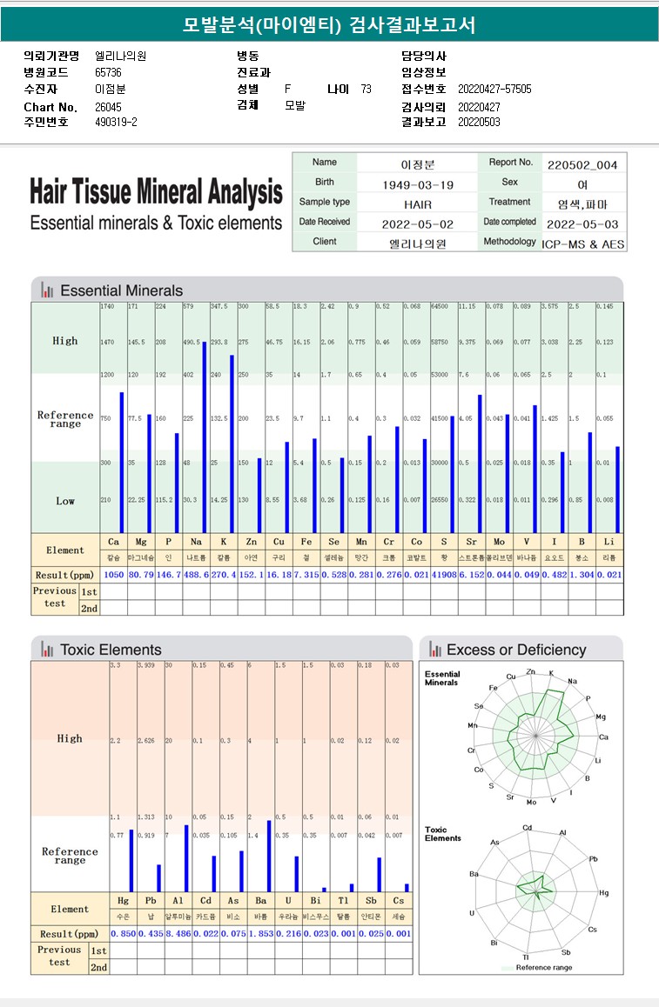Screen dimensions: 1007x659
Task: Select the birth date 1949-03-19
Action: click(418, 184)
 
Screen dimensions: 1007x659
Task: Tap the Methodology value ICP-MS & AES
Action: click(583, 244)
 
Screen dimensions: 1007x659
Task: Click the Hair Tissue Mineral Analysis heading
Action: click(156, 191)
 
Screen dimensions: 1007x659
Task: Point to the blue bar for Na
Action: click(204, 437)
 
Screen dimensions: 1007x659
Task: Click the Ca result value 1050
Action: click(113, 576)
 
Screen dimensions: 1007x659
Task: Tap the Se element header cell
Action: click(328, 542)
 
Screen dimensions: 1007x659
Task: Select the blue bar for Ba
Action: click(269, 856)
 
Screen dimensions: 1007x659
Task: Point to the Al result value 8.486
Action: click(178, 933)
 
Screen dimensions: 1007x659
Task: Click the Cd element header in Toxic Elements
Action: click(205, 901)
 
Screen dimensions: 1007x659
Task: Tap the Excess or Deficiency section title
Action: click(516, 650)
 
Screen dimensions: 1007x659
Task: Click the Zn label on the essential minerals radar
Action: click(532, 671)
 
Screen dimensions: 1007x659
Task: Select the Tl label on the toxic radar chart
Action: click(525, 957)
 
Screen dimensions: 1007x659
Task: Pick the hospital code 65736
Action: click(108, 72)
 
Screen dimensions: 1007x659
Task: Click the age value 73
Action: click(366, 89)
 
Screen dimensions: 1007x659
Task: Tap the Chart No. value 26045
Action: click(108, 106)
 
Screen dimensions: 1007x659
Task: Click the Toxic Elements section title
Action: click(111, 650)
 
